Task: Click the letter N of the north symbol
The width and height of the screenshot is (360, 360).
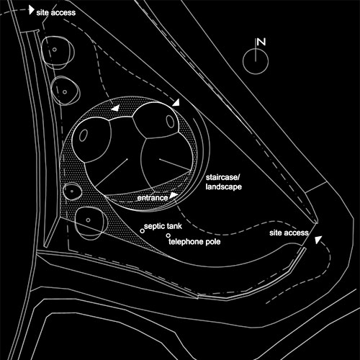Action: pos(261,42)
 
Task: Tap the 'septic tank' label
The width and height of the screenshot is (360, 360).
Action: pos(163,226)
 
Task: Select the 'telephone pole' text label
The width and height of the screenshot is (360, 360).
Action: pos(194,241)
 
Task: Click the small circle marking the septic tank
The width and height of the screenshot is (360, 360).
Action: pos(142,231)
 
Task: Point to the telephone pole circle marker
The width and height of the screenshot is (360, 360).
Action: pos(168,235)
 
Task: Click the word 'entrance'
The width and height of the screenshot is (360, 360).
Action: pos(153,198)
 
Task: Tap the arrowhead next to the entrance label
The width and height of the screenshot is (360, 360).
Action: pos(174,195)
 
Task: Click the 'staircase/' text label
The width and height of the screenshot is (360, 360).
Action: pos(222,178)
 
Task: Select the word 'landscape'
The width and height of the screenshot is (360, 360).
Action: pos(224,186)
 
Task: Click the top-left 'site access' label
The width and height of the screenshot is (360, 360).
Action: pos(56,12)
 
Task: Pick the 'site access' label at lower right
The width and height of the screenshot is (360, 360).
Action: pos(289,233)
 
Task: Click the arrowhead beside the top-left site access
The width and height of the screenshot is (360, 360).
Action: pos(31,10)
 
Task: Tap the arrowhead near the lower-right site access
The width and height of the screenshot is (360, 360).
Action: pos(318,240)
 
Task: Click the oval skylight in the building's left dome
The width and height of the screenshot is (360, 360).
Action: pos(83,135)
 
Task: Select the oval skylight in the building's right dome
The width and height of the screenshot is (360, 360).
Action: pos(170,121)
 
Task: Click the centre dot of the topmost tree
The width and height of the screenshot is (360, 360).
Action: pos(55,50)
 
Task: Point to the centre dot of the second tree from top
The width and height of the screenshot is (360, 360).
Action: pos(65,91)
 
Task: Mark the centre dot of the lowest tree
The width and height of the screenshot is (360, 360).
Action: pos(88,220)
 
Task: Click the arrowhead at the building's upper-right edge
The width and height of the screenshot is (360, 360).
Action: pos(176,103)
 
